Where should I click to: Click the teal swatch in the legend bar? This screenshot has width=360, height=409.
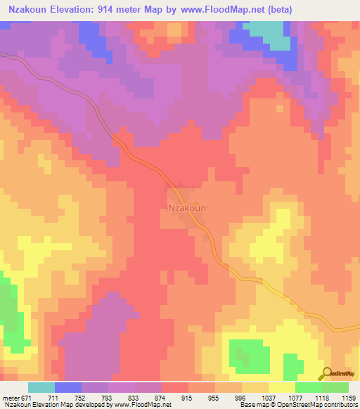coord(41,387)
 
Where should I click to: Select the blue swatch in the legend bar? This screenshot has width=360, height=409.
coord(68,387)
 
